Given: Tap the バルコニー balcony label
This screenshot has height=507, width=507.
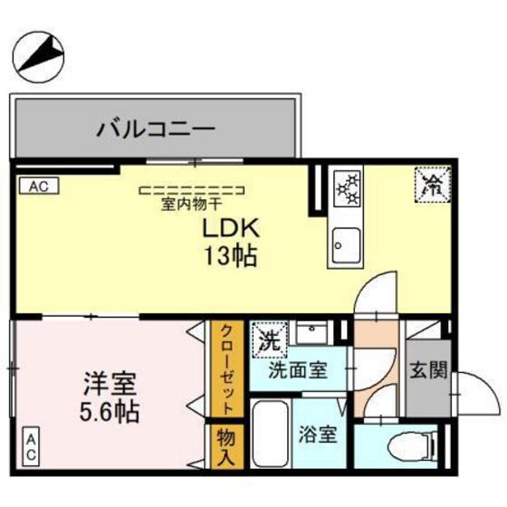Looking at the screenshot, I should point(156,128).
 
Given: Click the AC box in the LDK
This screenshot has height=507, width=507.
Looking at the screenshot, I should point(37,187).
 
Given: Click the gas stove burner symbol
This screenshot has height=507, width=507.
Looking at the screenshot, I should point(348,188).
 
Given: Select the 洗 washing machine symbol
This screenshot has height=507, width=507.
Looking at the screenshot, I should point(269,339).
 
